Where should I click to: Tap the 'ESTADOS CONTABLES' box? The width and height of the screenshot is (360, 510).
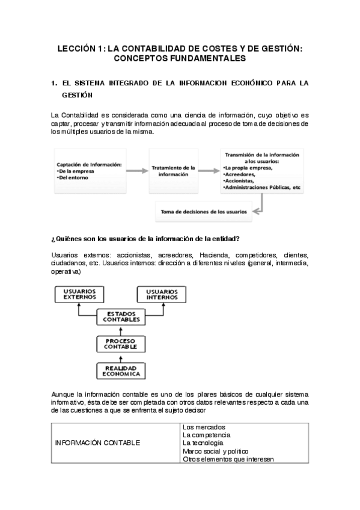click(120, 316)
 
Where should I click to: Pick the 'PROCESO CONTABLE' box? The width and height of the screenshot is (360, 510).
click(121, 343)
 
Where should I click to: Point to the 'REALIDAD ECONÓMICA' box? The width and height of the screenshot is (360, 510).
click(121, 370)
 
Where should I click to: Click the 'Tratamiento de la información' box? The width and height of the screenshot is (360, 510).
click(173, 171)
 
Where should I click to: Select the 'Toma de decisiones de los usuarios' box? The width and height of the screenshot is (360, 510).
click(204, 211)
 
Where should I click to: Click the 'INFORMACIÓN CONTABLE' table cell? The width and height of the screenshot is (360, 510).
click(97, 443)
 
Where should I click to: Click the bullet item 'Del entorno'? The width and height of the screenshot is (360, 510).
click(73, 179)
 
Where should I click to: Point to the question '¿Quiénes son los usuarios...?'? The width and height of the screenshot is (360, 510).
click(146, 239)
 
